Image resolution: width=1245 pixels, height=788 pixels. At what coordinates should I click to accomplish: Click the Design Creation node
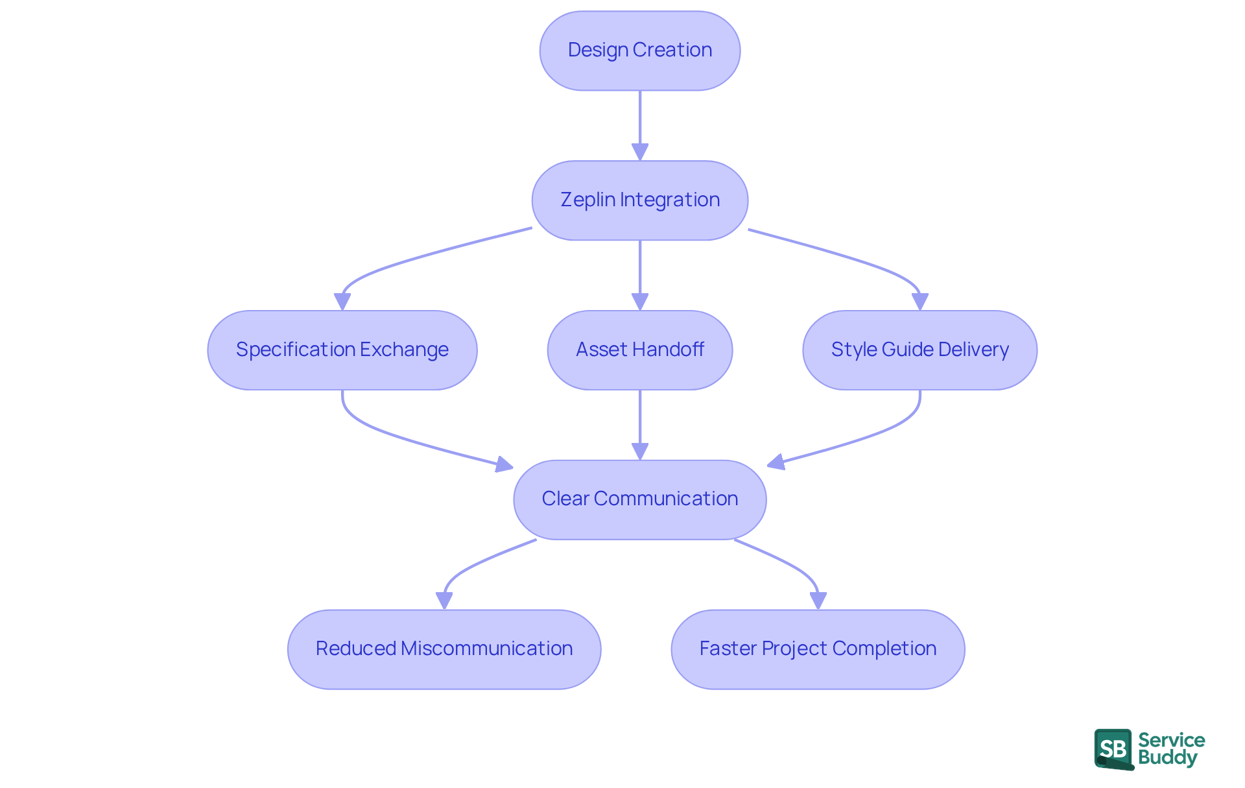pos(639,51)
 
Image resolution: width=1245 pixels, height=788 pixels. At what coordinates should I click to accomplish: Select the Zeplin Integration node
pos(639,200)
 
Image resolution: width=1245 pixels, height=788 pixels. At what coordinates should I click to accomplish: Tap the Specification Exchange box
pos(342,350)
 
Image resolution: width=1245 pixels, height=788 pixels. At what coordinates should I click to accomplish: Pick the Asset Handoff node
pos(639,350)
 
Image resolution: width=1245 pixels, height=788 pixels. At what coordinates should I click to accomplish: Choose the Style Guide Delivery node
pos(919,350)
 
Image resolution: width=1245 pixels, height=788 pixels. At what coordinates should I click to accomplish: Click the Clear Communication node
pos(639,499)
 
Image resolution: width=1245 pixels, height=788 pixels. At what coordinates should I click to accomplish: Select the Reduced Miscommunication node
pos(444,649)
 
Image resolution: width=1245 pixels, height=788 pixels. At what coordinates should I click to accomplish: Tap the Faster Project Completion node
pos(818,649)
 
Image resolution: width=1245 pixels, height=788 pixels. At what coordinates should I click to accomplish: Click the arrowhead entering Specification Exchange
pos(342,302)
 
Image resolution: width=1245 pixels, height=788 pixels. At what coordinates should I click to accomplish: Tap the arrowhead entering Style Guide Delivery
pos(919,302)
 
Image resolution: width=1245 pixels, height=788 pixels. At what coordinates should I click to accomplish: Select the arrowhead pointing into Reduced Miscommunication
pos(444,601)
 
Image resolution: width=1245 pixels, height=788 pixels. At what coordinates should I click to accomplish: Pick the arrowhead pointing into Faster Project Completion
pos(818,601)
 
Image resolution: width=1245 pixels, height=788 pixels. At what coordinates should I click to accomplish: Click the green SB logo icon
pos(1113,749)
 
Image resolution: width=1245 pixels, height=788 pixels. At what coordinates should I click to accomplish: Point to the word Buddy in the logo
pos(1167,758)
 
